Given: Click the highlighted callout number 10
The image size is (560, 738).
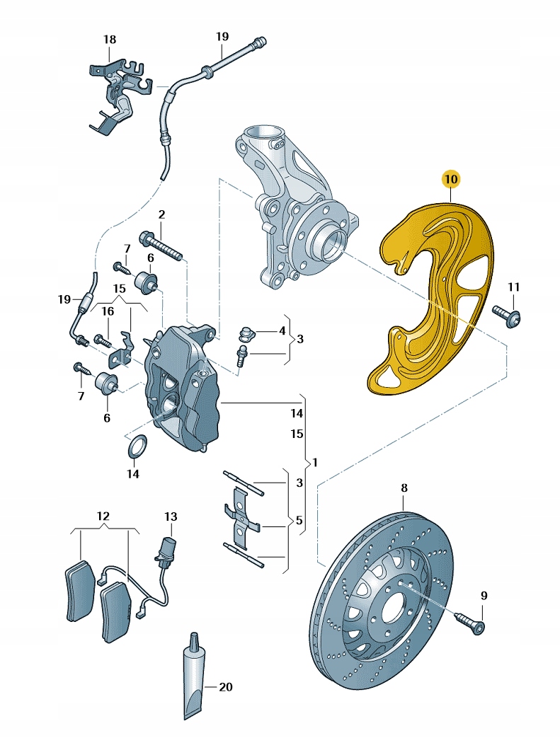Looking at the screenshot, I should point(451,179).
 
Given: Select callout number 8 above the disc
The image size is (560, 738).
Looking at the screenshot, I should point(404,488).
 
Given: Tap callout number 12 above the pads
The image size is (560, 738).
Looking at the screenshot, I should point(103,515).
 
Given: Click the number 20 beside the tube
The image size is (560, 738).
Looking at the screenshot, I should point(225,686).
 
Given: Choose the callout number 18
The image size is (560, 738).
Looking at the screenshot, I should point(109,40).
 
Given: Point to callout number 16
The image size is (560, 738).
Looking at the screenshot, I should point(107,311).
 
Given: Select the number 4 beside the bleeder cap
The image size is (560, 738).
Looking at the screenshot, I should point(282,330).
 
